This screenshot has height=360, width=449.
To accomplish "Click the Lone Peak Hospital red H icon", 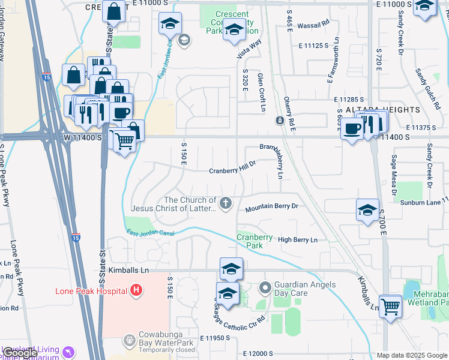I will pyautogui.click(x=136, y=291).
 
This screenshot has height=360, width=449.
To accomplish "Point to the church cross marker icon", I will pyautogui.click(x=226, y=204).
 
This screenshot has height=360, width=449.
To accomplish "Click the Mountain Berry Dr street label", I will pyautogui.click(x=271, y=208).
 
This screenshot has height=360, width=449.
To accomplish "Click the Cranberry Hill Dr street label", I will pyautogui.click(x=232, y=170).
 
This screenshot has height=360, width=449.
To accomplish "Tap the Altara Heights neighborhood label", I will pyautogui.click(x=382, y=110).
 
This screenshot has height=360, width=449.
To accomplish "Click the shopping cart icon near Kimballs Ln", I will pyautogui.click(x=390, y=306).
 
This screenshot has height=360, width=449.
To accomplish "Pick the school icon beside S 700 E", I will pyautogui.click(x=367, y=210).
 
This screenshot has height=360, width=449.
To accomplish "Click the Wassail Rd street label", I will pyautogui.click(x=318, y=23).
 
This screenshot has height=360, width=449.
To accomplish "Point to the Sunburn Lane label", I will pyautogui.click(x=421, y=203).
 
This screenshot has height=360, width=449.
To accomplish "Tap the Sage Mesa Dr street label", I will pyautogui.click(x=394, y=175).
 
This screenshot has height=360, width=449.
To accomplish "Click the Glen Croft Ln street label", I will pyautogui.click(x=262, y=93).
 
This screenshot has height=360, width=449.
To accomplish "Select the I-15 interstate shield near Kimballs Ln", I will pyautogui.click(x=75, y=238).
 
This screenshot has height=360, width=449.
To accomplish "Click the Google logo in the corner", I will pyautogui.click(x=20, y=353).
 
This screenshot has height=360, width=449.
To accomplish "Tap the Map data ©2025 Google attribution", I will pyautogui.click(x=411, y=355).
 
